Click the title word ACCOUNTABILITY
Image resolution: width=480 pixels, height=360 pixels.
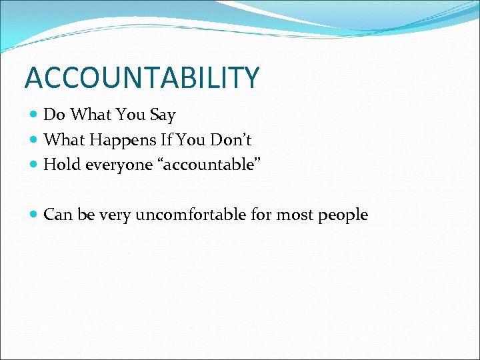pos(141,78)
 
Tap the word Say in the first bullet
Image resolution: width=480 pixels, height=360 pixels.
pos(163,115)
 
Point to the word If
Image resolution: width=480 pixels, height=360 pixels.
pos(167,140)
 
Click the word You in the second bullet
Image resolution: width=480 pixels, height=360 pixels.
pos(193,140)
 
